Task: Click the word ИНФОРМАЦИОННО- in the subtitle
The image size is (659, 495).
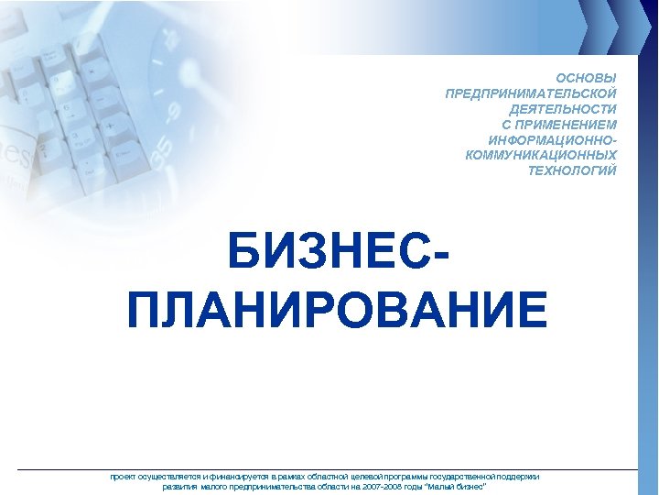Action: coord(553,140)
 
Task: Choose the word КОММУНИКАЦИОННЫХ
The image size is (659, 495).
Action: coord(541,155)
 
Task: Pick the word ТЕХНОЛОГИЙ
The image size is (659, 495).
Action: coord(573,170)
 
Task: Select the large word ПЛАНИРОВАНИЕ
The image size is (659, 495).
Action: coord(338,310)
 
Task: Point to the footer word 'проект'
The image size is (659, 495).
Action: coord(124,477)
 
